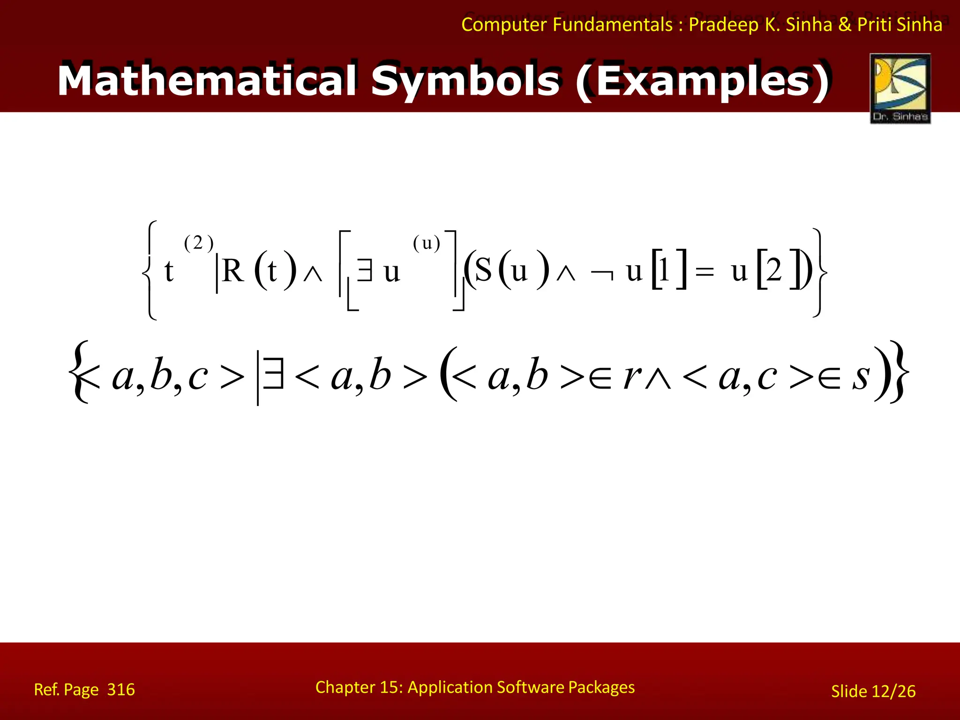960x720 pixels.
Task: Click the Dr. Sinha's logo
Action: pyautogui.click(x=900, y=89)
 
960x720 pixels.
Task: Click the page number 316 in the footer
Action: pyautogui.click(x=121, y=690)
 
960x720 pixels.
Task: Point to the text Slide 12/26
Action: pyautogui.click(x=873, y=691)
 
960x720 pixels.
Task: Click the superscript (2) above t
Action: pyautogui.click(x=199, y=243)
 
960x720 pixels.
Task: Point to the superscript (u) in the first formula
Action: pyautogui.click(x=427, y=243)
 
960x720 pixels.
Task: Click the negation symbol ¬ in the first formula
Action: pyautogui.click(x=602, y=274)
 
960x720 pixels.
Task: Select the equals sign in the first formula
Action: pyautogui.click(x=705, y=272)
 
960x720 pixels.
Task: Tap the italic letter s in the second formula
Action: pyautogui.click(x=861, y=376)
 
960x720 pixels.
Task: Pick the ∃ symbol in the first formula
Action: pyautogui.click(x=365, y=271)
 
